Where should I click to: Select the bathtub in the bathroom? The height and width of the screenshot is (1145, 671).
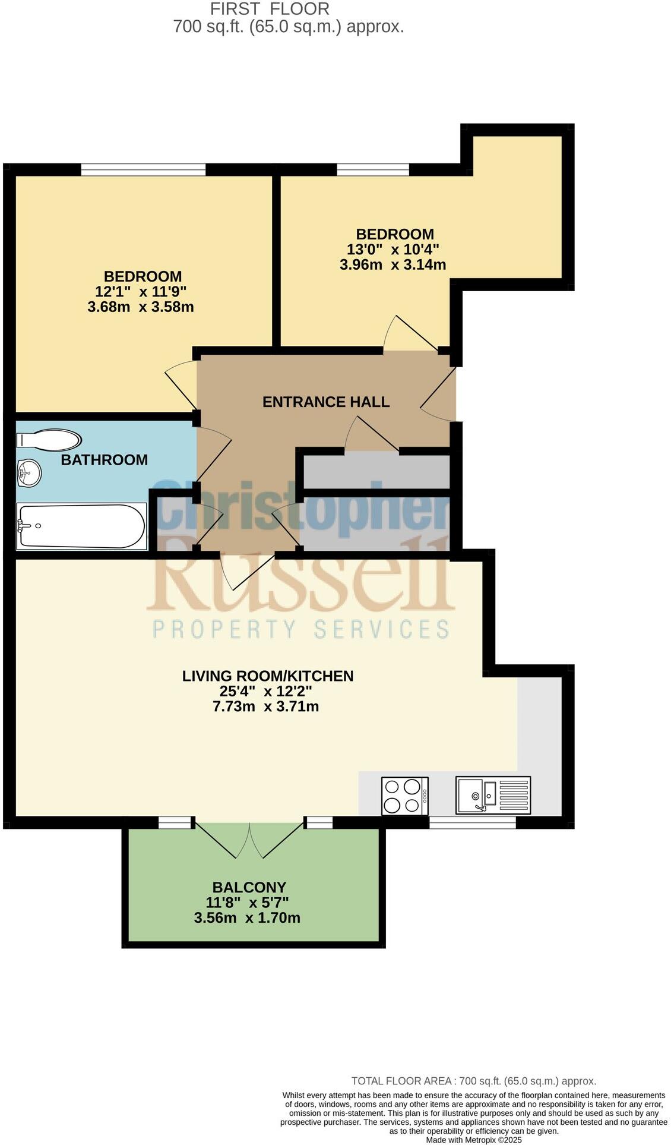81,526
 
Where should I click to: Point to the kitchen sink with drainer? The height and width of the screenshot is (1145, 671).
493,795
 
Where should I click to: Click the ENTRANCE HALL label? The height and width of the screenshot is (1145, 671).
326,402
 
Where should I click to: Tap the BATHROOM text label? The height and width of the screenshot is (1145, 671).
104,460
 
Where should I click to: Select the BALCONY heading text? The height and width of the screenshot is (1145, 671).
249,887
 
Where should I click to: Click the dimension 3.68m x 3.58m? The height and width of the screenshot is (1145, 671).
141,307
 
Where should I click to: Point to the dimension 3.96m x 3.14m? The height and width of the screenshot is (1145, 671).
393,265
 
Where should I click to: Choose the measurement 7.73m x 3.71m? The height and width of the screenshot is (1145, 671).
265,706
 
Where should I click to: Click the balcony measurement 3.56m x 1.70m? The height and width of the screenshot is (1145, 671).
247,918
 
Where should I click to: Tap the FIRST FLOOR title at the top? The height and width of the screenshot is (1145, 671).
270,9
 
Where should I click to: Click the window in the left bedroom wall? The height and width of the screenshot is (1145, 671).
143,170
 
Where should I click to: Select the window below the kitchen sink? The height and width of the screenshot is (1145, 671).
472,822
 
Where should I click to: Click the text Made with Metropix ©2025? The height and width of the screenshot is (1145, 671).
474,1140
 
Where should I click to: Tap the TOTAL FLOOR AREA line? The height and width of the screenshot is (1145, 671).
473,1081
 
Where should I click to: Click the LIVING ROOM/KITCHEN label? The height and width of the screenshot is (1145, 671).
268,676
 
